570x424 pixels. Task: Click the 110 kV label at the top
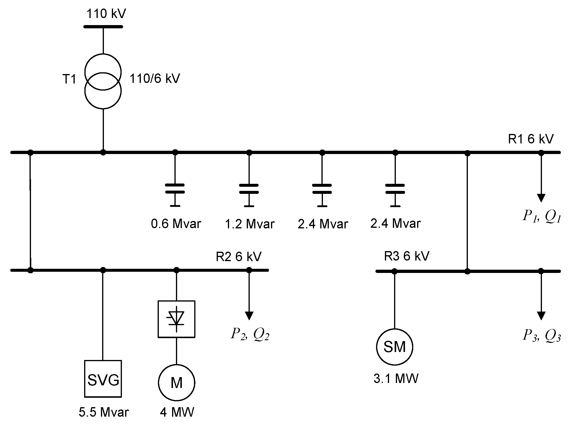[106, 14]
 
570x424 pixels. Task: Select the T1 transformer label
[69, 79]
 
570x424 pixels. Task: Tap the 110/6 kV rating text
[155, 79]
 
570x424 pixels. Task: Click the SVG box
[103, 379]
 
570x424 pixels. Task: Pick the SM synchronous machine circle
[394, 347]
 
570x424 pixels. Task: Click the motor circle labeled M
[177, 383]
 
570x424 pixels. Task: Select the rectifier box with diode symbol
[176, 319]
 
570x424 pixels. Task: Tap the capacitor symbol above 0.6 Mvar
[175, 189]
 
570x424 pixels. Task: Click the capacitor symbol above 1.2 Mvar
[249, 189]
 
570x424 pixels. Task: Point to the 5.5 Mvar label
[104, 412]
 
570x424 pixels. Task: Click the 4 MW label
[177, 412]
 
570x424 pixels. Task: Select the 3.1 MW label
[396, 379]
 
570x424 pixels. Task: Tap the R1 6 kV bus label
[530, 139]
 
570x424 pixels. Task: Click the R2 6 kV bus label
[239, 257]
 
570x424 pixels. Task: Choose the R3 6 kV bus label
[406, 256]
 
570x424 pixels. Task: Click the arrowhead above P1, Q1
[541, 198]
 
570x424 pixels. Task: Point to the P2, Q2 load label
[250, 335]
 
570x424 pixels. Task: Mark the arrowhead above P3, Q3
[541, 316]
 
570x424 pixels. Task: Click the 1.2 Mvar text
[250, 224]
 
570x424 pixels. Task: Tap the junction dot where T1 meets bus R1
[103, 152]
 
